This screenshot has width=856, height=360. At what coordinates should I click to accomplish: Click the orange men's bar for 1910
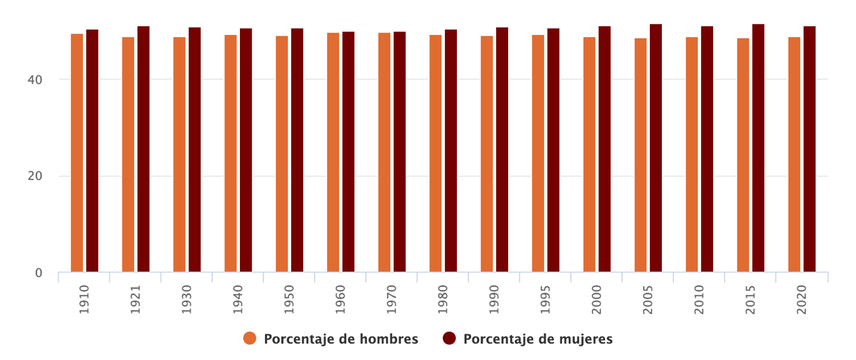(77, 153)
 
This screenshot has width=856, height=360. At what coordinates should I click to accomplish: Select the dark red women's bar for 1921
(144, 149)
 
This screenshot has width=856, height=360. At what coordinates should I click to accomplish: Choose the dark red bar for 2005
(656, 148)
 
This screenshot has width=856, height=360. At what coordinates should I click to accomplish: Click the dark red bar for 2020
(809, 149)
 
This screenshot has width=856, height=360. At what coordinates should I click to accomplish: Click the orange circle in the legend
(250, 338)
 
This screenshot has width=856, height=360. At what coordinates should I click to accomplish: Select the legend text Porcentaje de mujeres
(538, 339)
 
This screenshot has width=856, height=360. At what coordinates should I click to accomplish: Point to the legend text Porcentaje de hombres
(341, 339)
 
